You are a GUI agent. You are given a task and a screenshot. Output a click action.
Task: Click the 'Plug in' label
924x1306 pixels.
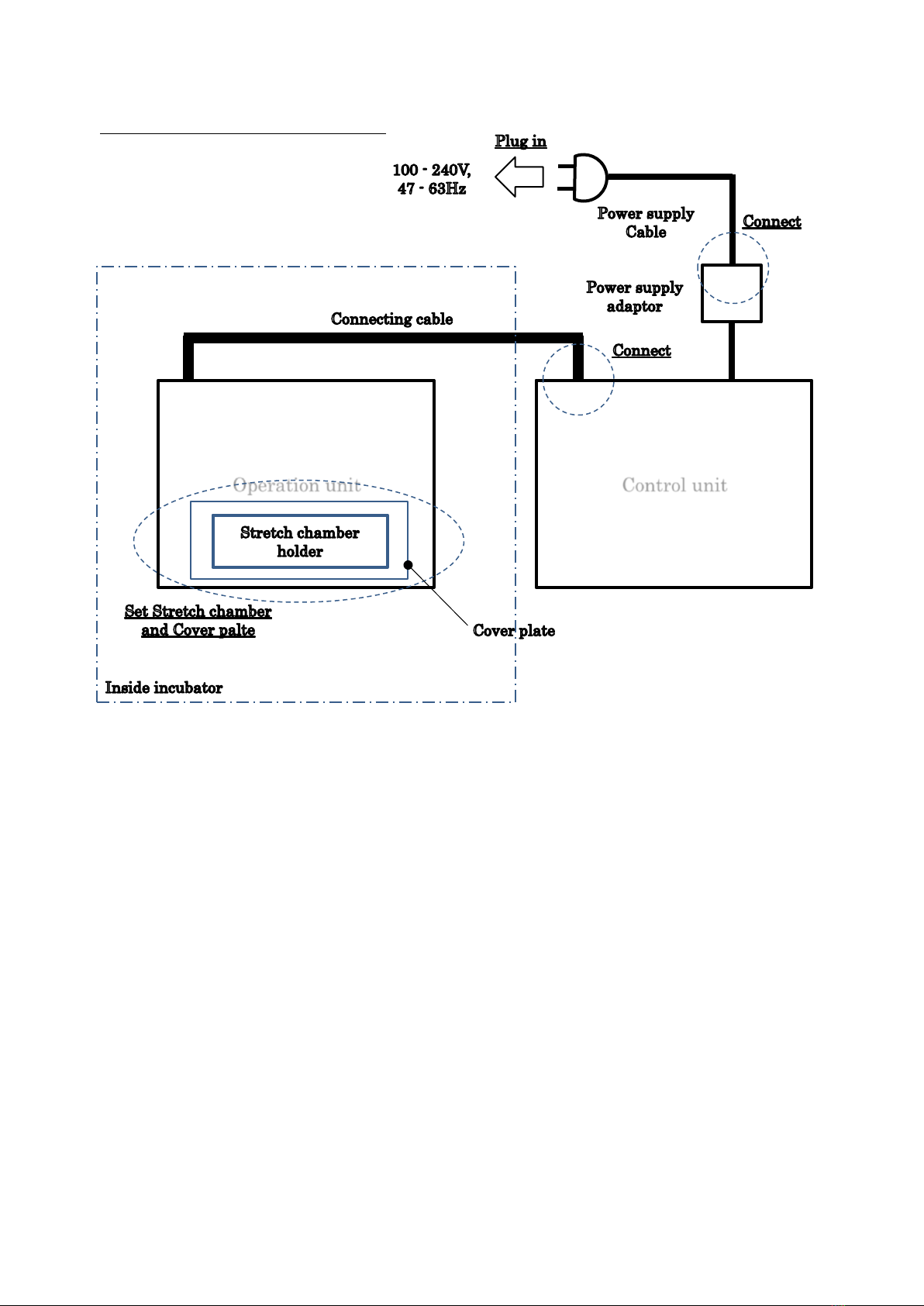coord(521,142)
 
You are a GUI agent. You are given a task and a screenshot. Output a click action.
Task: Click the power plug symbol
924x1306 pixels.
coord(583,177)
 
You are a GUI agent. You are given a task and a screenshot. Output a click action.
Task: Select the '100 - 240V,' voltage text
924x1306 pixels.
coord(432,171)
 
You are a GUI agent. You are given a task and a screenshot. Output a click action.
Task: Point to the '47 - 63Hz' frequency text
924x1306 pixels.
coord(432,189)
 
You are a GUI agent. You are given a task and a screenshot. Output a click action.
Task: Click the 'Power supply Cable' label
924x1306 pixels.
coord(646,222)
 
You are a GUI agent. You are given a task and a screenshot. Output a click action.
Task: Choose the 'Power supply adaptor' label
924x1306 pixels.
coord(634,297)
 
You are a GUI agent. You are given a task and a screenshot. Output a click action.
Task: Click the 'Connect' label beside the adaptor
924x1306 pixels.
coord(771,222)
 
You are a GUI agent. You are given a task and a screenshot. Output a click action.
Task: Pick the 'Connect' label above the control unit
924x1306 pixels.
coord(641,350)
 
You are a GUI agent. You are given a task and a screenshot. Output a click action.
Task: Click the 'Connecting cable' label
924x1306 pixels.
coord(391,319)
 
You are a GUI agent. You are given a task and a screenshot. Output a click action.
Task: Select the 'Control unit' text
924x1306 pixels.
coord(674,485)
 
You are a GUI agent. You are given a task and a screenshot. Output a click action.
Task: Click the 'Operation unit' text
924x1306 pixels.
coord(297,485)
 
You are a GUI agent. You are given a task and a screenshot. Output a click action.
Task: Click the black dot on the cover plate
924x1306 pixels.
coord(408,565)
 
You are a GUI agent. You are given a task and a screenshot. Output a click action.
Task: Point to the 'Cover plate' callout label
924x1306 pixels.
coord(514,631)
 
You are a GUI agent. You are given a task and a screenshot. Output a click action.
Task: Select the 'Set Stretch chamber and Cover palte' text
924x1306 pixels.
coord(198,621)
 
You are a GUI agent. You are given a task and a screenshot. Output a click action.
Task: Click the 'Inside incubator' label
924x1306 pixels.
coord(164,688)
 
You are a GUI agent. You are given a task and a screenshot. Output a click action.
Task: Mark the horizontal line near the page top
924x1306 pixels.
coord(243,133)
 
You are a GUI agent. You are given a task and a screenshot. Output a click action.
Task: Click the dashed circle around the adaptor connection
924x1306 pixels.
coord(698,268)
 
